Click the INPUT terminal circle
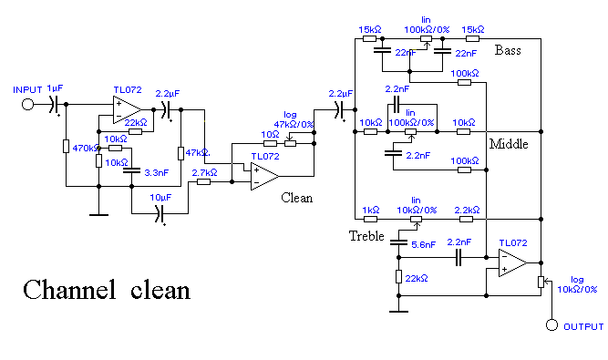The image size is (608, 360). [27, 104]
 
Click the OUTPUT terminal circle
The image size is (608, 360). [551, 325]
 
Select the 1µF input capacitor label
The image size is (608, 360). [55, 88]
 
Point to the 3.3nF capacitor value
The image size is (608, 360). [156, 173]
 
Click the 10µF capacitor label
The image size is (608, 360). [160, 198]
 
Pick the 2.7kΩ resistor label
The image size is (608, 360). [204, 173]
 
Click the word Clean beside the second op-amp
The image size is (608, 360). [296, 198]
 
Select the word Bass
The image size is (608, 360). [508, 50]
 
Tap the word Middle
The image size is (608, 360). [509, 144]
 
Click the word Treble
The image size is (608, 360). [366, 236]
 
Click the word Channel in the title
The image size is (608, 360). [69, 290]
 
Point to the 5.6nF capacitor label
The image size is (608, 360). [423, 245]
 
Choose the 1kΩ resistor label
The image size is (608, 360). [371, 210]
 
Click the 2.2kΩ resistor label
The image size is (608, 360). [467, 210]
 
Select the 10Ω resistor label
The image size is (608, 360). [270, 135]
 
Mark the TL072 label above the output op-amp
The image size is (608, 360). [513, 243]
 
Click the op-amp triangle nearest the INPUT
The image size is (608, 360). [127, 110]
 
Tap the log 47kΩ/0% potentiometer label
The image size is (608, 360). [294, 119]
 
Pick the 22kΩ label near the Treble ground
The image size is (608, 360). [417, 279]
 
